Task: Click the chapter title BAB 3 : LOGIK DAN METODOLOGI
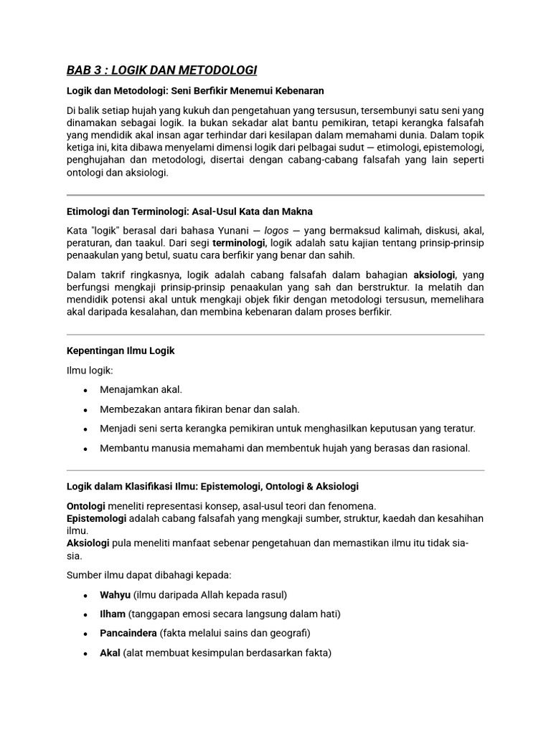[161, 70]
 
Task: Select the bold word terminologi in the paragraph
[239, 243]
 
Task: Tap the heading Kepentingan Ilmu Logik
[121, 351]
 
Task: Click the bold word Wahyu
[115, 595]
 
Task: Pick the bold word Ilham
[113, 614]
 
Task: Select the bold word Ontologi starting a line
[86, 505]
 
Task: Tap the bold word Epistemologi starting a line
[97, 518]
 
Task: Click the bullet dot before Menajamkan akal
[85, 390]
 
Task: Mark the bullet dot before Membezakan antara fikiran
[85, 409]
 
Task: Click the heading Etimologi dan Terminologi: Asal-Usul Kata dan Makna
[189, 211]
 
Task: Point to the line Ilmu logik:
[90, 370]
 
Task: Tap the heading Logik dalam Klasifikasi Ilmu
[212, 486]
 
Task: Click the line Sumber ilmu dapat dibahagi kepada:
[149, 575]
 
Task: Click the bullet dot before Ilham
[85, 614]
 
